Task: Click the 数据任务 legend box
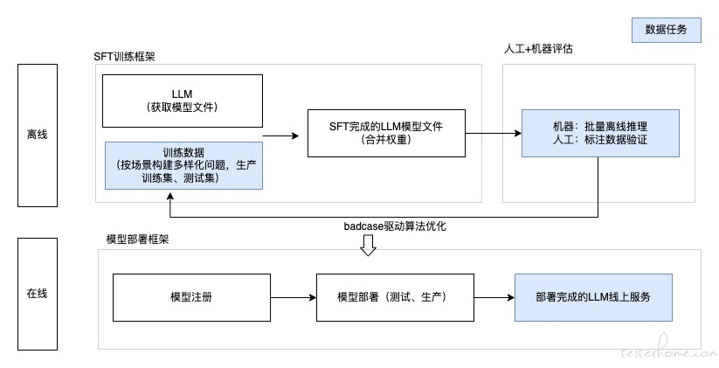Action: (667, 30)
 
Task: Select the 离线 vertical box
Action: (38, 135)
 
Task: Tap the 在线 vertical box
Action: (38, 294)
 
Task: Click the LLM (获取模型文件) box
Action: (183, 101)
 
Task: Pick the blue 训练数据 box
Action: (183, 165)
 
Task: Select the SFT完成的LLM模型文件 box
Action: (386, 133)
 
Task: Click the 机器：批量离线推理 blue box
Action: (600, 133)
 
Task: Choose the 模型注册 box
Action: (191, 297)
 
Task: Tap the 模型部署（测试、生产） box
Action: (395, 297)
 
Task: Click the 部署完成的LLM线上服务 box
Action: (593, 297)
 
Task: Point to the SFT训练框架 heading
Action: (124, 57)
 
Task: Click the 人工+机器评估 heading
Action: (538, 49)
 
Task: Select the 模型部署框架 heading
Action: (137, 239)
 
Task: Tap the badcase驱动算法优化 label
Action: (395, 226)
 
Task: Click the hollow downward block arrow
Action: (368, 245)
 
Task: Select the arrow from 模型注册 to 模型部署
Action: (294, 297)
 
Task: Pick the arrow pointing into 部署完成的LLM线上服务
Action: (494, 297)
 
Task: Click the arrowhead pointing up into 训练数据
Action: (170, 196)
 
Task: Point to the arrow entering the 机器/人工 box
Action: (494, 134)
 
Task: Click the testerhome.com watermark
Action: (668, 351)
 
